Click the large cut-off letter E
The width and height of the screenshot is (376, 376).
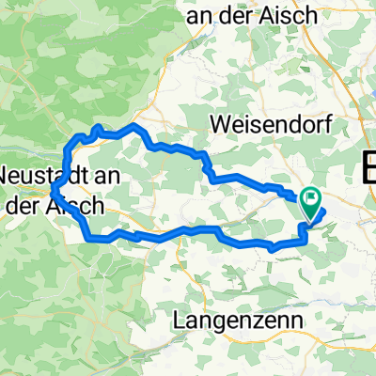click(x=368, y=169)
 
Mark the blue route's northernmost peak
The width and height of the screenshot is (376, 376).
click(x=136, y=124)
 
